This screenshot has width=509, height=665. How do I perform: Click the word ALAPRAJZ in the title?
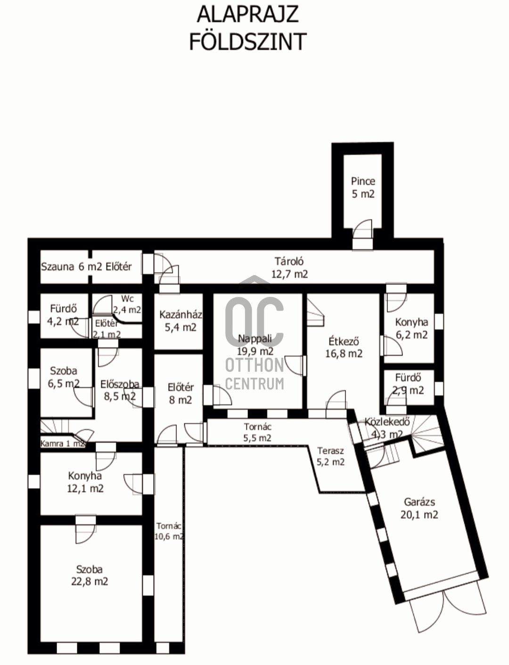247,15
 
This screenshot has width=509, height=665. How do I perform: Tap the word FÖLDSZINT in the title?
248,42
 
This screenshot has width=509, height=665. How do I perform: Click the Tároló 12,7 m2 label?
289,268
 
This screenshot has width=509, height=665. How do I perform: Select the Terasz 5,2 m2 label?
330,456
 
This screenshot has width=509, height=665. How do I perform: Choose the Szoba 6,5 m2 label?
64,377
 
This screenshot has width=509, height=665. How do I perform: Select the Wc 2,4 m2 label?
127,304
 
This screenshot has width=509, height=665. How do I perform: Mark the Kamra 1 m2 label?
63,444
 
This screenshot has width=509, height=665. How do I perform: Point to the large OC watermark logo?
254,321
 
